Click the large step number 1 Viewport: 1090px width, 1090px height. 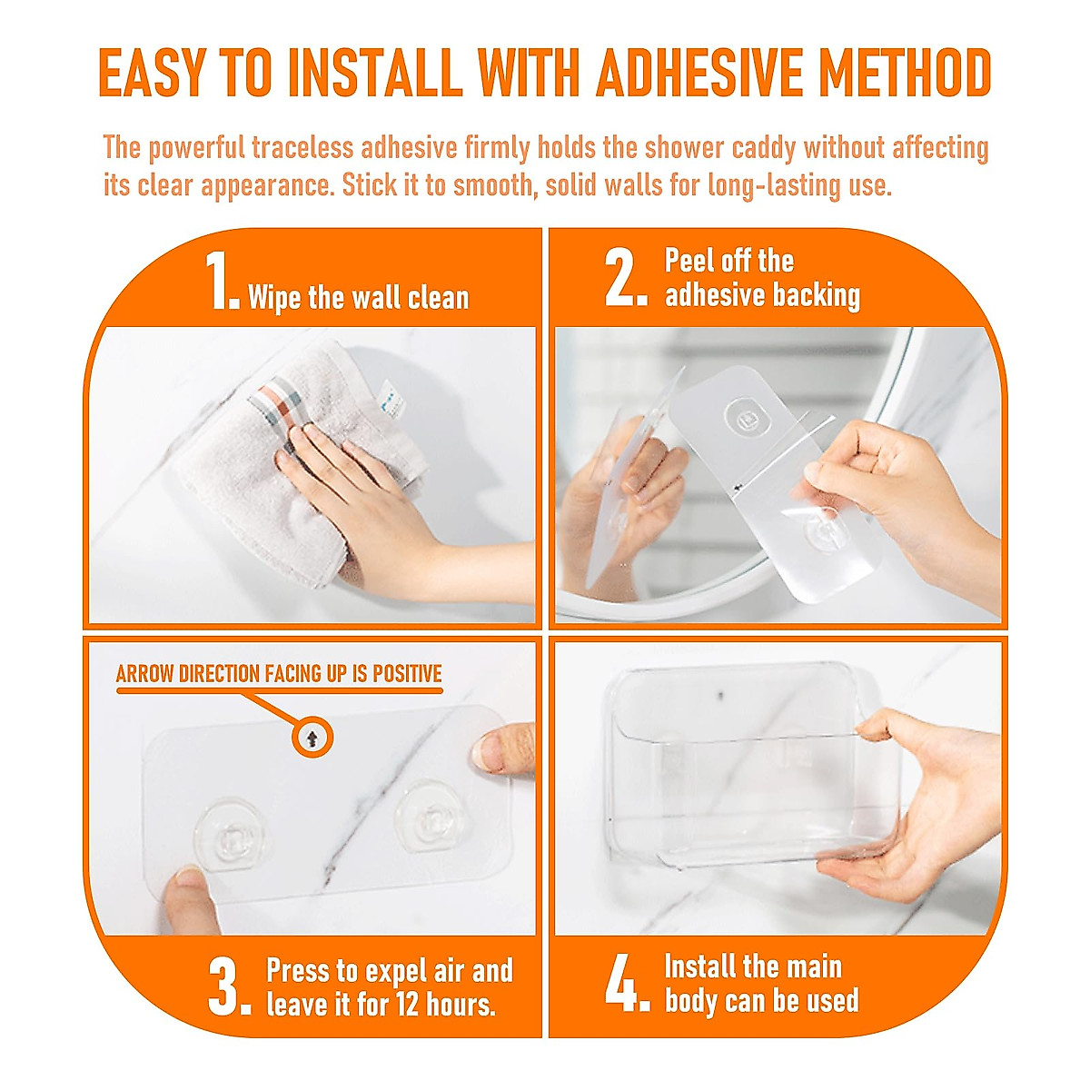click(x=221, y=282)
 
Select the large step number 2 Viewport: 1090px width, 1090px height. click(x=625, y=279)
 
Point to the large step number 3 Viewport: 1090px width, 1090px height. click(x=228, y=988)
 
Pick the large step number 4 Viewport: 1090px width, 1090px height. click(x=627, y=983)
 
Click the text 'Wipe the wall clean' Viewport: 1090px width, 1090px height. click(x=358, y=297)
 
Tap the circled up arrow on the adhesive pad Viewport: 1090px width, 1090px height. click(x=312, y=738)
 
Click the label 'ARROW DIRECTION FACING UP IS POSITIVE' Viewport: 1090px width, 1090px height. click(x=279, y=674)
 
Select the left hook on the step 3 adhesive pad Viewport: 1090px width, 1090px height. click(x=231, y=833)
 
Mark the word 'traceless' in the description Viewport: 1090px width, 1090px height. click(x=302, y=147)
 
